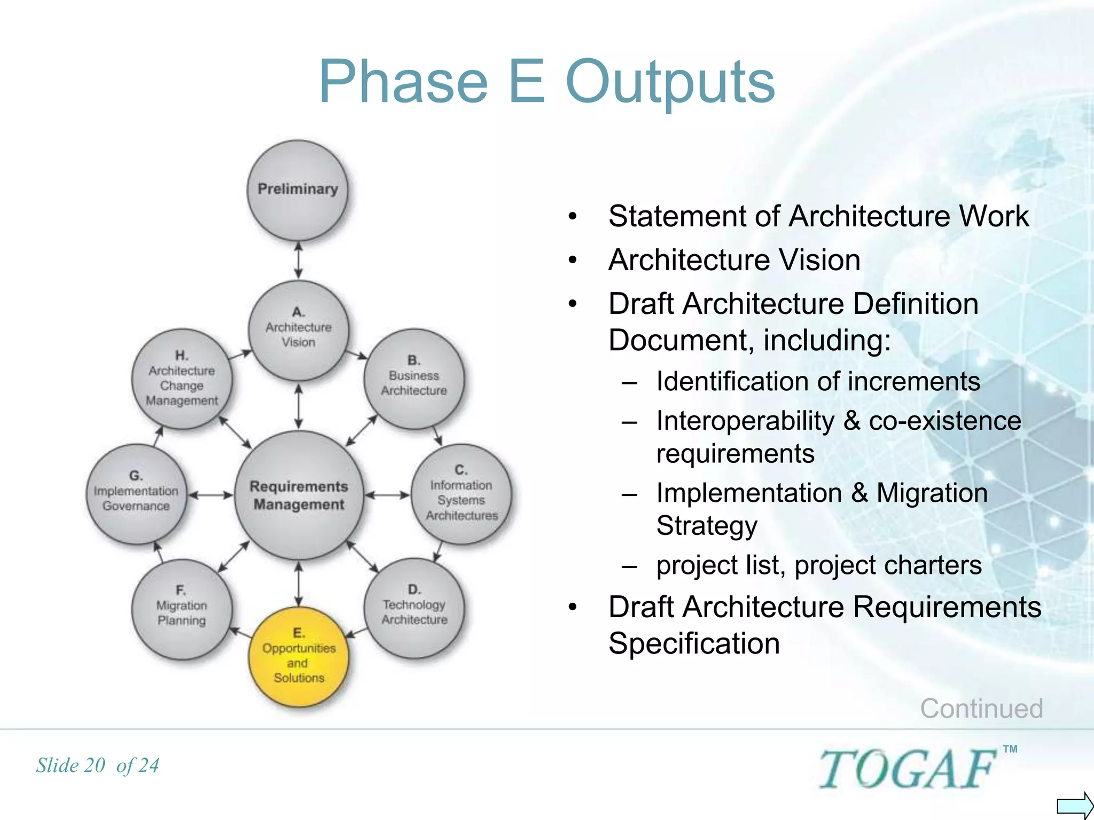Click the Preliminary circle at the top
point(298,190)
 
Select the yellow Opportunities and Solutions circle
point(299,656)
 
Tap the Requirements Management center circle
point(299,495)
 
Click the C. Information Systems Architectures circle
point(461,494)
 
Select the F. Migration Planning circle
point(182,609)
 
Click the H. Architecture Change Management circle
point(182,379)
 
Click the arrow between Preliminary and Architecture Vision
point(299,260)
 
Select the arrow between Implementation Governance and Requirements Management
point(210,495)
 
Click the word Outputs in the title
point(670,82)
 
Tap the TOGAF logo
point(908,769)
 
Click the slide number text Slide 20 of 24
point(98,766)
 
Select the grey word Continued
point(981,708)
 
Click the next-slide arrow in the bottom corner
point(1074,805)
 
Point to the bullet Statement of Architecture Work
point(818,216)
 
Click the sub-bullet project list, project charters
point(818,565)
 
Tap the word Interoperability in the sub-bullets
point(745,421)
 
